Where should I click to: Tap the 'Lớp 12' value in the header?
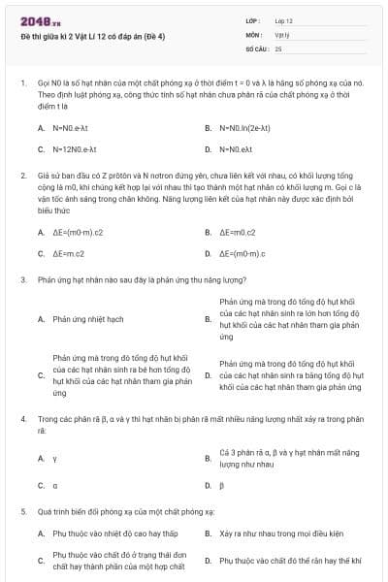click(x=284, y=20)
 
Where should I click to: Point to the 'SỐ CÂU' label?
click(x=256, y=48)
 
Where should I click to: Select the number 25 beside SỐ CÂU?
click(x=278, y=48)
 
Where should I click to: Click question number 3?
click(x=22, y=279)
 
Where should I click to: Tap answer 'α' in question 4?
click(x=55, y=484)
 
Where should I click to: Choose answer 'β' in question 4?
click(x=222, y=484)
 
